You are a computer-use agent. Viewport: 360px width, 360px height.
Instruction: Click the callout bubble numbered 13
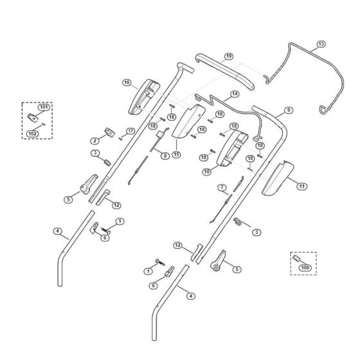click(x=321, y=44)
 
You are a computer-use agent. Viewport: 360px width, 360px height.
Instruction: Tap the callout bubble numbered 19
click(x=228, y=57)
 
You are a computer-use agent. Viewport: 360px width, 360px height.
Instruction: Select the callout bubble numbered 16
click(x=127, y=83)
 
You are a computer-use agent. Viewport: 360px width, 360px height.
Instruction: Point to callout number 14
click(x=235, y=94)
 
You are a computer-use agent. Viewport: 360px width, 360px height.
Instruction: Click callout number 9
click(x=289, y=110)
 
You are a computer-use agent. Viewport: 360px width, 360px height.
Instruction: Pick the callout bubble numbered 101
click(x=44, y=107)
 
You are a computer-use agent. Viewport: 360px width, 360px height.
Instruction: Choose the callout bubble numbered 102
click(x=33, y=134)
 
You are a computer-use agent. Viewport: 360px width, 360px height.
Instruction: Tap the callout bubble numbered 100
click(x=305, y=267)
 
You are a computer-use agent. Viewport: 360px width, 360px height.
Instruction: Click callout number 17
click(x=130, y=131)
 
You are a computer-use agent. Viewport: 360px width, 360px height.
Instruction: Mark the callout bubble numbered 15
click(x=176, y=154)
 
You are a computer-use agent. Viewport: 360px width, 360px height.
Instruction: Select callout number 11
click(x=301, y=186)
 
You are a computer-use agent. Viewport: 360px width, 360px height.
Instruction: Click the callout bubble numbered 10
click(x=207, y=172)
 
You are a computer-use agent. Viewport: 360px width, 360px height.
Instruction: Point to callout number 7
click(x=222, y=188)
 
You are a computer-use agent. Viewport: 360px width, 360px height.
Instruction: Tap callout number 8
click(x=165, y=156)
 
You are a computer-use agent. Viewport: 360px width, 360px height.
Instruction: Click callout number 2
click(x=94, y=141)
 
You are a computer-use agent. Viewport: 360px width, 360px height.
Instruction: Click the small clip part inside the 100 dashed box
click(x=296, y=258)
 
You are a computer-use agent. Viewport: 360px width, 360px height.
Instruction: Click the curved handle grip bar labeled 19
click(x=224, y=71)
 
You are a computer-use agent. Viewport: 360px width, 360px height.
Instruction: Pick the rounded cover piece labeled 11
click(x=278, y=178)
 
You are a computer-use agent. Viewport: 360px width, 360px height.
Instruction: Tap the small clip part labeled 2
click(x=109, y=132)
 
